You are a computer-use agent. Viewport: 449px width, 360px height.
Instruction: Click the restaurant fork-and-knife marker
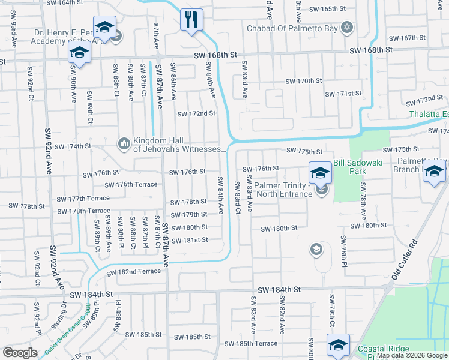(192, 20)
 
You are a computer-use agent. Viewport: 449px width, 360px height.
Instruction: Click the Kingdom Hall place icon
(124, 143)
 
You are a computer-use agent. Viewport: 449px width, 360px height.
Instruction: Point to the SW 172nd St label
(196, 113)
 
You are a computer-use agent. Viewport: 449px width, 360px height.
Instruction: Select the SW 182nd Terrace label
(134, 272)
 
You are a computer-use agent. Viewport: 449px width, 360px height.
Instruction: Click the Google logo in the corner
(20, 353)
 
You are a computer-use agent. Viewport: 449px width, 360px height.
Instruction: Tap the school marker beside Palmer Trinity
(320, 174)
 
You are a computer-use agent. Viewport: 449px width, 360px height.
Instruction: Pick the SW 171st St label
(343, 94)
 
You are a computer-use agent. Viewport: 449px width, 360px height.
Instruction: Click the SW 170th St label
(304, 81)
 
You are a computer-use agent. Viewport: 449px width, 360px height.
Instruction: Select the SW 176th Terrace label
(131, 185)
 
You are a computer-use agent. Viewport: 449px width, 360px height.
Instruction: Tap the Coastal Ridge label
(384, 349)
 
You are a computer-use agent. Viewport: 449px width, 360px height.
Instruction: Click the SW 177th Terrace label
(83, 198)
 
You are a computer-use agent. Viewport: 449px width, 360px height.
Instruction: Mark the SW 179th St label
(189, 214)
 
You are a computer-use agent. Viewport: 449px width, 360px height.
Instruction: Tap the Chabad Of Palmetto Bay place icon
(347, 27)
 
